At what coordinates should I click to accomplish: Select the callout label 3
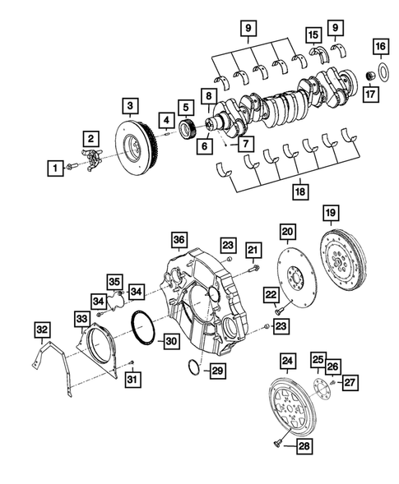[x=131, y=106]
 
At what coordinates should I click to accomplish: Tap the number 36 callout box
[x=179, y=239]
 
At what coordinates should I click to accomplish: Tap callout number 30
[x=171, y=339]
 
